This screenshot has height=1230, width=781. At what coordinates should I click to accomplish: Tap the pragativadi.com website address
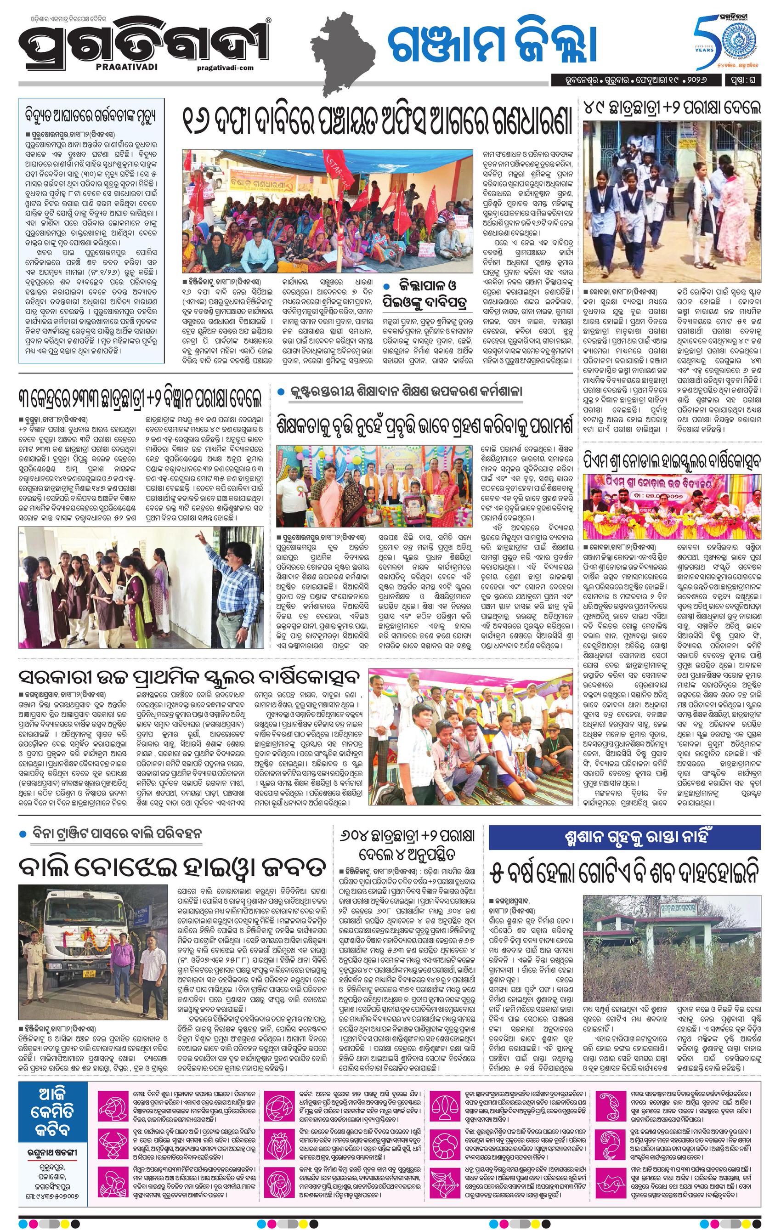(225, 68)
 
